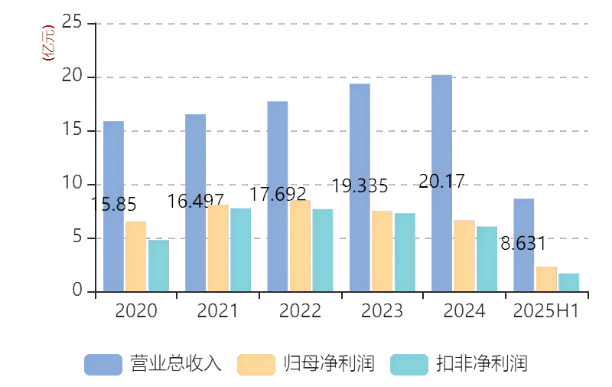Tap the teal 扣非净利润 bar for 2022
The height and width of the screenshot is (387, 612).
(x=322, y=250)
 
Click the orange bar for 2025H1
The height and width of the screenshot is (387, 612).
(x=545, y=278)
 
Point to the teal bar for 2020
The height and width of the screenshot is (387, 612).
(x=158, y=265)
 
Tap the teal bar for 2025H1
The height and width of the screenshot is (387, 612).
(x=568, y=282)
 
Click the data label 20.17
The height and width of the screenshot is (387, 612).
(x=442, y=182)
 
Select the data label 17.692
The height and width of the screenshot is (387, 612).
(x=278, y=194)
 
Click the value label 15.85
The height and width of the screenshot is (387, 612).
(x=114, y=205)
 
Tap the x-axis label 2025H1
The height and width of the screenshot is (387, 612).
(x=545, y=311)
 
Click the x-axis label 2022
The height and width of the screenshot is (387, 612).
(x=300, y=311)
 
